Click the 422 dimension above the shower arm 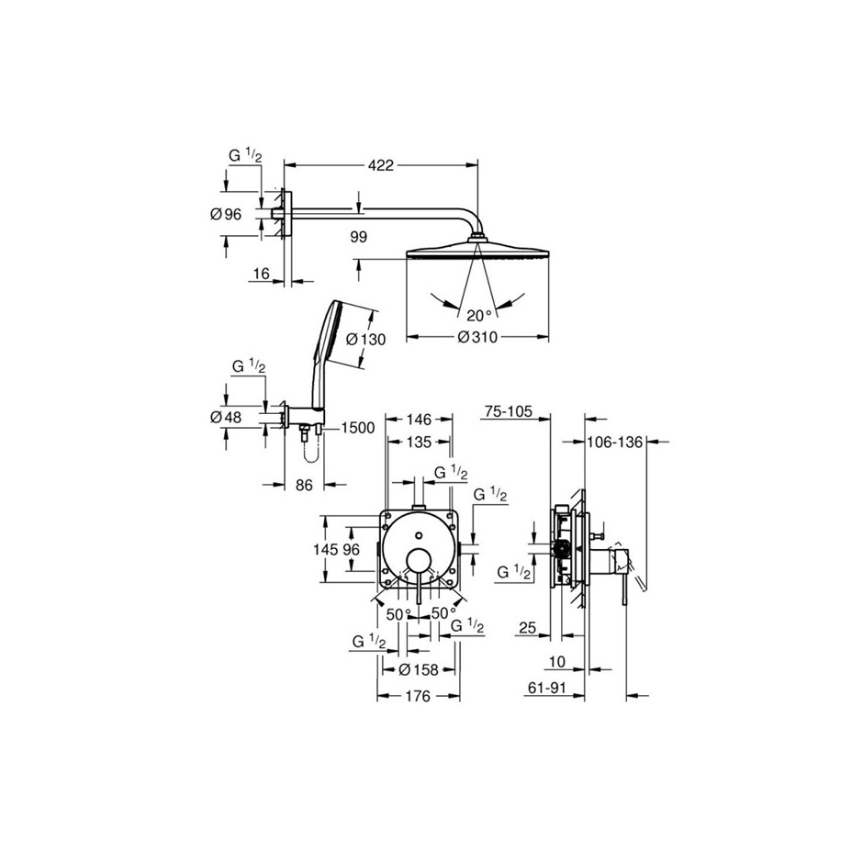pyautogui.click(x=381, y=165)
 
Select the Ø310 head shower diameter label pyautogui.click(x=477, y=337)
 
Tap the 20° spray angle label pyautogui.click(x=479, y=316)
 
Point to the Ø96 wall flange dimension pyautogui.click(x=226, y=214)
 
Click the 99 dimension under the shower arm pyautogui.click(x=358, y=237)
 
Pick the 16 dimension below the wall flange pyautogui.click(x=262, y=274)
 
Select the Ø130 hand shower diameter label pyautogui.click(x=366, y=340)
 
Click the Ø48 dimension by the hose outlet pyautogui.click(x=226, y=417)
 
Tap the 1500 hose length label pyautogui.click(x=358, y=428)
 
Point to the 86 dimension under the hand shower pyautogui.click(x=304, y=485)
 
